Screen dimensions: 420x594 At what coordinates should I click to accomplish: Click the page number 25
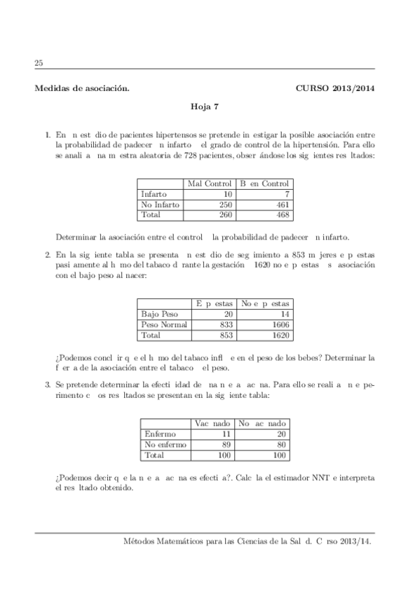39,63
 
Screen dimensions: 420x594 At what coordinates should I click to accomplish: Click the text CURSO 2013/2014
336,88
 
